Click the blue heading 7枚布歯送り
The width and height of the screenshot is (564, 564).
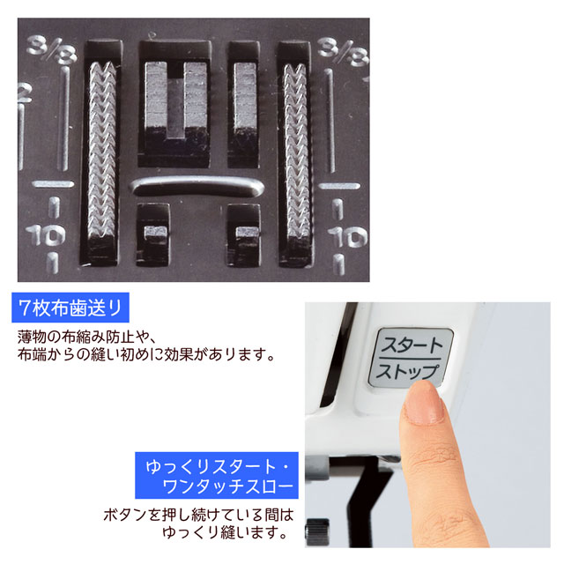tap(70, 308)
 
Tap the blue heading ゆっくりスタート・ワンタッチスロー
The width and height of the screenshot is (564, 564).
tap(217, 475)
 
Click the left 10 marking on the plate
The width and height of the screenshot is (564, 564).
tap(45, 235)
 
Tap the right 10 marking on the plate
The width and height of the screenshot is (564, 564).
tap(347, 237)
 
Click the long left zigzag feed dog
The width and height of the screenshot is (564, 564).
tap(102, 151)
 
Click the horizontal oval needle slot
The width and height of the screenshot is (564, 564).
tap(197, 186)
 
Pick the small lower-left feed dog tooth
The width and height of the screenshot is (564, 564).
tap(155, 232)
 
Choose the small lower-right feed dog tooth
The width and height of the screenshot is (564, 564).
tap(247, 233)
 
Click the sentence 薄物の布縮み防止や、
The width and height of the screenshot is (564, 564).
tap(86, 337)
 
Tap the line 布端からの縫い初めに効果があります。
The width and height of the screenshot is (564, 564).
tap(146, 354)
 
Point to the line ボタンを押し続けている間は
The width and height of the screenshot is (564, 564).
tap(199, 515)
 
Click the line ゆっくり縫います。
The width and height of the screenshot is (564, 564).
tap(225, 532)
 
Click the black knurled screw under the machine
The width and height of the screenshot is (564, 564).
tap(317, 531)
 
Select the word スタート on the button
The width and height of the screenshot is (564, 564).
tap(412, 345)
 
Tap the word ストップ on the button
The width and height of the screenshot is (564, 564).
tap(408, 372)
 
